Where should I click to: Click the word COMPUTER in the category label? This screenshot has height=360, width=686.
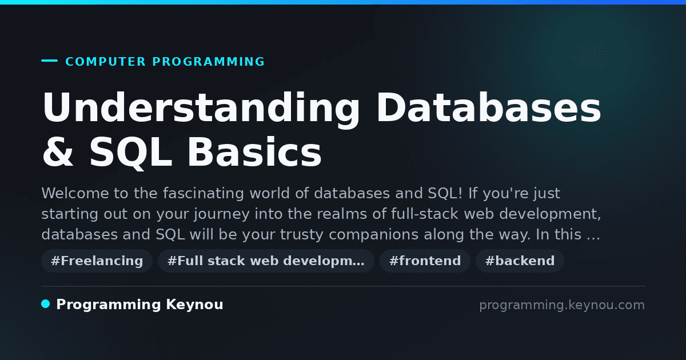(105, 62)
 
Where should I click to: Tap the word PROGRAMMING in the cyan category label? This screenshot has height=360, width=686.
(208, 62)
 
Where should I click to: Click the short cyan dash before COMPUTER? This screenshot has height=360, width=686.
(49, 61)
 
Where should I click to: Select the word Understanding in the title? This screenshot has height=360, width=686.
(201, 109)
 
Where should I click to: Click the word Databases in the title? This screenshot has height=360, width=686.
(489, 107)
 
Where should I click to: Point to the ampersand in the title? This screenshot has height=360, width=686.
(58, 152)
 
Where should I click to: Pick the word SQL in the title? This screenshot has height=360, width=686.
(131, 153)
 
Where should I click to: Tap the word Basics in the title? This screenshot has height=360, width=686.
(254, 152)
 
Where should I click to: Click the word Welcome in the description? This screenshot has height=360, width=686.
(75, 193)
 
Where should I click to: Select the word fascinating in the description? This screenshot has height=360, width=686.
(204, 193)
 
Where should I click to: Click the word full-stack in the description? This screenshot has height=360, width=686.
(425, 214)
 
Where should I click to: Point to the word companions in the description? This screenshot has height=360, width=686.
(374, 235)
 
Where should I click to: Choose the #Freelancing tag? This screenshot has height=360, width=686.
(97, 261)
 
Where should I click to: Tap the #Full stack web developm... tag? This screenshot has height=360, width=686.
(266, 261)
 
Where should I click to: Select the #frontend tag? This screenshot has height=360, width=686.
(425, 261)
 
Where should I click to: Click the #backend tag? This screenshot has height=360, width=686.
(520, 261)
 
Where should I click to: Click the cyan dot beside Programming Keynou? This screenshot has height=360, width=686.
(46, 304)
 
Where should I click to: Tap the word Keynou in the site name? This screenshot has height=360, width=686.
(194, 305)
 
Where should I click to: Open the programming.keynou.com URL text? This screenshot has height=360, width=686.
(562, 305)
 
